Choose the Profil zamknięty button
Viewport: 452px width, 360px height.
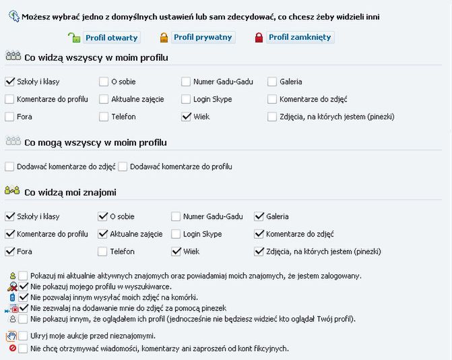point(299,37)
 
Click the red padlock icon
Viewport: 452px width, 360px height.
point(259,38)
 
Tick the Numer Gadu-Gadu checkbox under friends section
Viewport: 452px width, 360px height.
point(176,216)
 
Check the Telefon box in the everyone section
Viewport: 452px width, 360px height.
point(104,117)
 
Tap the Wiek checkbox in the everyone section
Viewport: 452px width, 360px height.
point(187,117)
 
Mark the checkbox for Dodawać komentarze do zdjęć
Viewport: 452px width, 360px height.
point(9,167)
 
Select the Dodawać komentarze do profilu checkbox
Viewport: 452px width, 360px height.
point(123,167)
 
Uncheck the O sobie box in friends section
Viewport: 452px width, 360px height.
point(103,216)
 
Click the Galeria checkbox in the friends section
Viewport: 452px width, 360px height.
point(259,216)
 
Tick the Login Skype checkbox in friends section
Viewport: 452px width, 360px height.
point(176,234)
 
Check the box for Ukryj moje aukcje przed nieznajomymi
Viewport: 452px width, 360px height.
point(24,336)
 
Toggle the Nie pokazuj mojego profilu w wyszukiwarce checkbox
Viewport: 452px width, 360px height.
point(24,287)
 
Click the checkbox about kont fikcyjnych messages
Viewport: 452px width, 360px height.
point(24,349)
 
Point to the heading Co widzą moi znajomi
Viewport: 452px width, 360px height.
point(70,193)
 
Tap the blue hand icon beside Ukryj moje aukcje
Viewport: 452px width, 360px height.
point(11,336)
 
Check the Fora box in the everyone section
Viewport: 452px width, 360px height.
point(9,117)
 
